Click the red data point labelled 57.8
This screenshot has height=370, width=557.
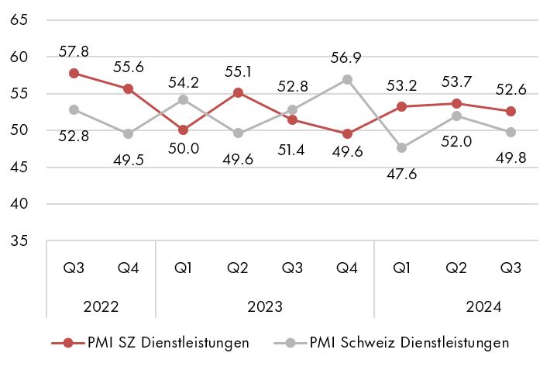pos(74,73)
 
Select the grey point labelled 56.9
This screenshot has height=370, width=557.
pos(347,79)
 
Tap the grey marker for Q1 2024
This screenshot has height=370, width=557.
pos(401,147)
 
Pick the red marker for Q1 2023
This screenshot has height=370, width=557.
pos(183,130)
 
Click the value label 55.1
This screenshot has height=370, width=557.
pos(238,71)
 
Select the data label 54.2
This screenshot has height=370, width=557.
pos(184,81)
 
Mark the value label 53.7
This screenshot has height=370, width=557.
pos(456,82)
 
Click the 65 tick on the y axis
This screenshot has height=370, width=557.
pos(20,20)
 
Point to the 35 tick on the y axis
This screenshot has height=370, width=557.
pos(20,241)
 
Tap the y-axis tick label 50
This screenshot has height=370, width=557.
pos(20,130)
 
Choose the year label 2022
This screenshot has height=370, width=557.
pos(101,306)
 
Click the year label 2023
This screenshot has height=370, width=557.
pos(265,306)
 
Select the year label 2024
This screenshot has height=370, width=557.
pos(483,306)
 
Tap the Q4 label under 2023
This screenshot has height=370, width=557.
pos(347,268)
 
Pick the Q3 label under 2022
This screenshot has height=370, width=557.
pos(74,268)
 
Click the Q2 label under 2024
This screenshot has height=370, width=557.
pos(456,268)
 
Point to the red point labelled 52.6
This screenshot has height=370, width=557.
pos(511,111)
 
